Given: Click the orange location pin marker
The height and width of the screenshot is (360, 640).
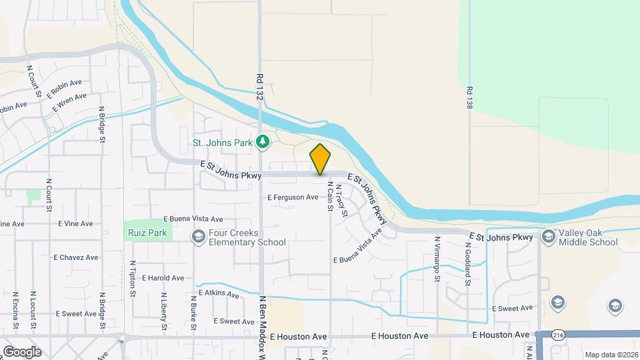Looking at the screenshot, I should [x=320, y=159].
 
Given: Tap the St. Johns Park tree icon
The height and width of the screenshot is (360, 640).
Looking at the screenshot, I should [x=264, y=141].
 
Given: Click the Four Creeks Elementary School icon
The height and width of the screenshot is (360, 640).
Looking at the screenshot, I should [x=198, y=237].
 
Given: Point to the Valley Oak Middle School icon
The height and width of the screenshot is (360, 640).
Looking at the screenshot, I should [x=548, y=237].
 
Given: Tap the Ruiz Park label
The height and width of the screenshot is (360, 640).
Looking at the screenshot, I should [x=148, y=234].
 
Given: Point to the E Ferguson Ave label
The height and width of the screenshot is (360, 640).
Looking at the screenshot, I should [x=293, y=197].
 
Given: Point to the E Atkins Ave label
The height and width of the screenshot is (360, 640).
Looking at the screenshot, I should [x=217, y=293].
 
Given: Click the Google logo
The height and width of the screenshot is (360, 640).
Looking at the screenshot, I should [x=22, y=352].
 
